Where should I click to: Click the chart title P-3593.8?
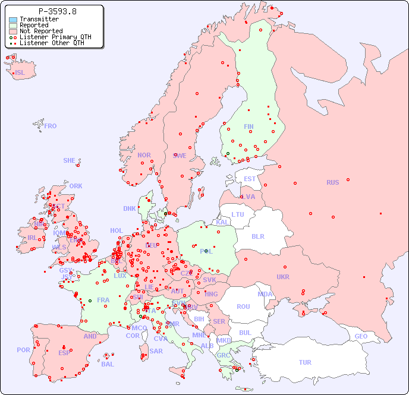click(57, 11)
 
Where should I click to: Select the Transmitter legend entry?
click(39, 19)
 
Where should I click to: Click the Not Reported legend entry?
click(40, 31)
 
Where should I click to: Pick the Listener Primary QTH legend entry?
click(55, 37)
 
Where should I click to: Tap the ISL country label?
click(20, 73)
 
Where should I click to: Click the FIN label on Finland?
click(248, 127)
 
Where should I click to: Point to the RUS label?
click(332, 182)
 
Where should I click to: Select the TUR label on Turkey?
click(305, 362)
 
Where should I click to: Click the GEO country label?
click(361, 336)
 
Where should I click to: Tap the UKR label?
click(283, 277)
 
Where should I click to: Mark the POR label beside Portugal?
click(23, 350)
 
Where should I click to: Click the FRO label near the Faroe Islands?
click(51, 126)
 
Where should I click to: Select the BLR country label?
click(257, 236)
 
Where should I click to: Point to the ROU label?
click(243, 306)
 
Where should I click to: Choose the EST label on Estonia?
click(250, 179)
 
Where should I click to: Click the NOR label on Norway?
click(144, 155)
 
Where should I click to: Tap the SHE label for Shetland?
click(70, 160)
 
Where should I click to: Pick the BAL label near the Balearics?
click(108, 364)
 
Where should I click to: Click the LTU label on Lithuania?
click(238, 214)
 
